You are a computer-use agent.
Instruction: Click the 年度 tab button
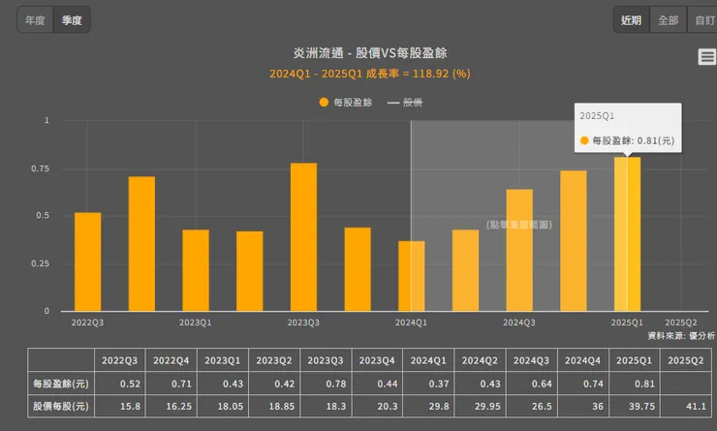[x=35, y=20]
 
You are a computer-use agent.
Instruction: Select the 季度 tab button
[x=72, y=20]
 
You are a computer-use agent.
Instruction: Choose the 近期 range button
[x=631, y=20]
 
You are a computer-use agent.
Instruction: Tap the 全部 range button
[x=668, y=20]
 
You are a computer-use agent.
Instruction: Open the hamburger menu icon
[x=706, y=57]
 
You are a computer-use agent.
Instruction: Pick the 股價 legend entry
[x=406, y=102]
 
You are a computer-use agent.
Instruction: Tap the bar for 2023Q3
[x=303, y=237]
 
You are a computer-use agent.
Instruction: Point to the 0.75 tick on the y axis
[x=40, y=169]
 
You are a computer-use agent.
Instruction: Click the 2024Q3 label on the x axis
[x=519, y=323]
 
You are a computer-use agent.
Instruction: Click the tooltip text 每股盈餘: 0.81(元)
[x=627, y=140]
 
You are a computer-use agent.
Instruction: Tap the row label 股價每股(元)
[x=60, y=406]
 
